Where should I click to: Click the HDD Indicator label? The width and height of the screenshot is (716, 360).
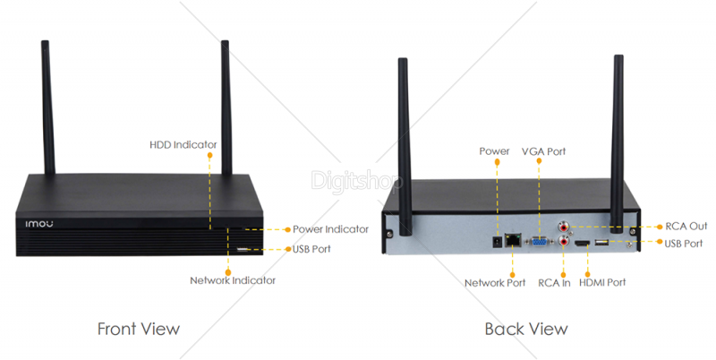(x=183, y=144)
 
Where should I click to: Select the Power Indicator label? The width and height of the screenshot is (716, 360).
(x=330, y=229)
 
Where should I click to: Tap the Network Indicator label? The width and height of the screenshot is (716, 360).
(x=233, y=280)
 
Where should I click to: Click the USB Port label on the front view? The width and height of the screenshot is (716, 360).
(x=312, y=248)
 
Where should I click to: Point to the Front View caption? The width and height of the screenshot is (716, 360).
(x=138, y=329)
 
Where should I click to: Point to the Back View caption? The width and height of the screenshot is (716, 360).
(x=526, y=329)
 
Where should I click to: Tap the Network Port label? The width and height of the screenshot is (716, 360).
(x=495, y=283)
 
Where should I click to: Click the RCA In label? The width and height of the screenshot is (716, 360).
(x=554, y=283)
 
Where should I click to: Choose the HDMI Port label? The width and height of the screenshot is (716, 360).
(x=602, y=283)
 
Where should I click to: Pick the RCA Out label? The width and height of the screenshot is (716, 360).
(x=686, y=227)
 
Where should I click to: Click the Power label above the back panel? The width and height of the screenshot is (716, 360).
(x=494, y=151)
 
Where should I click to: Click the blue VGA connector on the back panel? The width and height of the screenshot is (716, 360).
(x=540, y=241)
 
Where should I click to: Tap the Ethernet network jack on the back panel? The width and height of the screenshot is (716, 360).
(x=513, y=240)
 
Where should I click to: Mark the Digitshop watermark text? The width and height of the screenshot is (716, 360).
(x=357, y=180)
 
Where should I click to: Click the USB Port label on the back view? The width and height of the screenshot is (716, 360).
(x=685, y=243)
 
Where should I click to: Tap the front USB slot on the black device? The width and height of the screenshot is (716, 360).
(x=243, y=248)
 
